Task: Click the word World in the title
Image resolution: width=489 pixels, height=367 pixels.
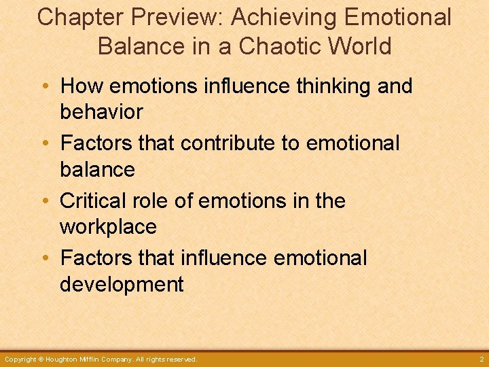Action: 363,46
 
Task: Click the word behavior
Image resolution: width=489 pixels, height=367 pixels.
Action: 101,112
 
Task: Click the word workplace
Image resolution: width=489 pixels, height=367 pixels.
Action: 108,226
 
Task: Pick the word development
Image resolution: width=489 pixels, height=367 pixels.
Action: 122,284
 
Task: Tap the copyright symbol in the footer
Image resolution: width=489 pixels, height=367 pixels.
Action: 41,359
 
